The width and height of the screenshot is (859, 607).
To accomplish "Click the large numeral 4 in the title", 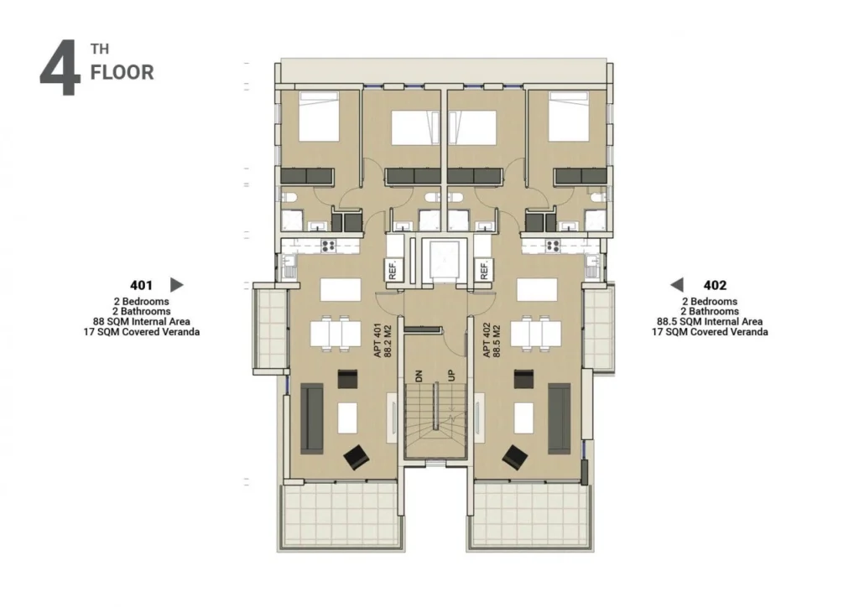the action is [60, 69].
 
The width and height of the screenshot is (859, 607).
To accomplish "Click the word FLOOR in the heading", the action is [122, 72].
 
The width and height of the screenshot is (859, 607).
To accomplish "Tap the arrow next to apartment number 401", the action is [177, 284].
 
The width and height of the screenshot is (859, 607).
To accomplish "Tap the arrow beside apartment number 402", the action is [677, 284].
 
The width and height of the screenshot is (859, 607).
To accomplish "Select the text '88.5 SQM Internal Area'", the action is [710, 322].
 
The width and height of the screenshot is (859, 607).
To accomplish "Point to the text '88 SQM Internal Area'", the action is [141, 322].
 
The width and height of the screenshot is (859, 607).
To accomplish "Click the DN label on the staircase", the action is [419, 376].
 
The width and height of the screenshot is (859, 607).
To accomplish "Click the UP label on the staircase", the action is [450, 376].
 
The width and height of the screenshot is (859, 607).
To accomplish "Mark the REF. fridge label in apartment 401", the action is [393, 270].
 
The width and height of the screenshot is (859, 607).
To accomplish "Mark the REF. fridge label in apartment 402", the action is [484, 270].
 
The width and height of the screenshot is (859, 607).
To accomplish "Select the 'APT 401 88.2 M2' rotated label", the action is [383, 340].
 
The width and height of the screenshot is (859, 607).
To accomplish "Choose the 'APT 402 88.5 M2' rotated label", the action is [492, 340].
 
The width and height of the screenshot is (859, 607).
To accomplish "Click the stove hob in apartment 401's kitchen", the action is [328, 246].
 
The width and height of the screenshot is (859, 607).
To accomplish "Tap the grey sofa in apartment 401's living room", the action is [312, 419].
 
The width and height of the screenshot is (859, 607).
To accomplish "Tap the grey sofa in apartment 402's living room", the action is [560, 419].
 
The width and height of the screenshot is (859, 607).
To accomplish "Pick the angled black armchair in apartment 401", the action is [356, 456].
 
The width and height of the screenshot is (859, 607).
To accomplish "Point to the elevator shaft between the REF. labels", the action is [443, 260].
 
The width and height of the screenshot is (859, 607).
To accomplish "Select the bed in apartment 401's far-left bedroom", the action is [319, 117].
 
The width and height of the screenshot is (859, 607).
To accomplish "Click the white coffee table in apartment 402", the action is [523, 418].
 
